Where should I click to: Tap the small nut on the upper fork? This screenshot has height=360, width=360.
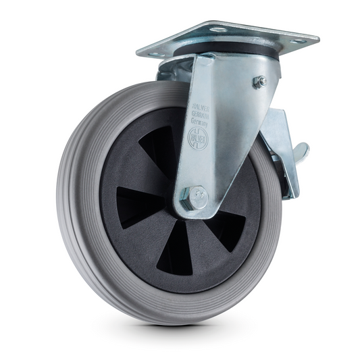click(259, 82)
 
